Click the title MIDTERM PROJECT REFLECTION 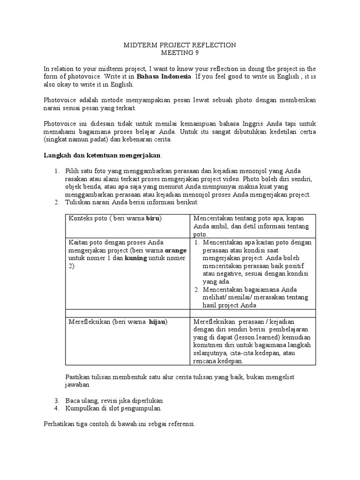180,45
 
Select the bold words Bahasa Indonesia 164,76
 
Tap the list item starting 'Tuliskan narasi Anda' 133,202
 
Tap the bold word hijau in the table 157,322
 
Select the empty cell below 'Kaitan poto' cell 127,313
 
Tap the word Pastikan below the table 76,377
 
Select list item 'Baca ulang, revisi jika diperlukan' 112,401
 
